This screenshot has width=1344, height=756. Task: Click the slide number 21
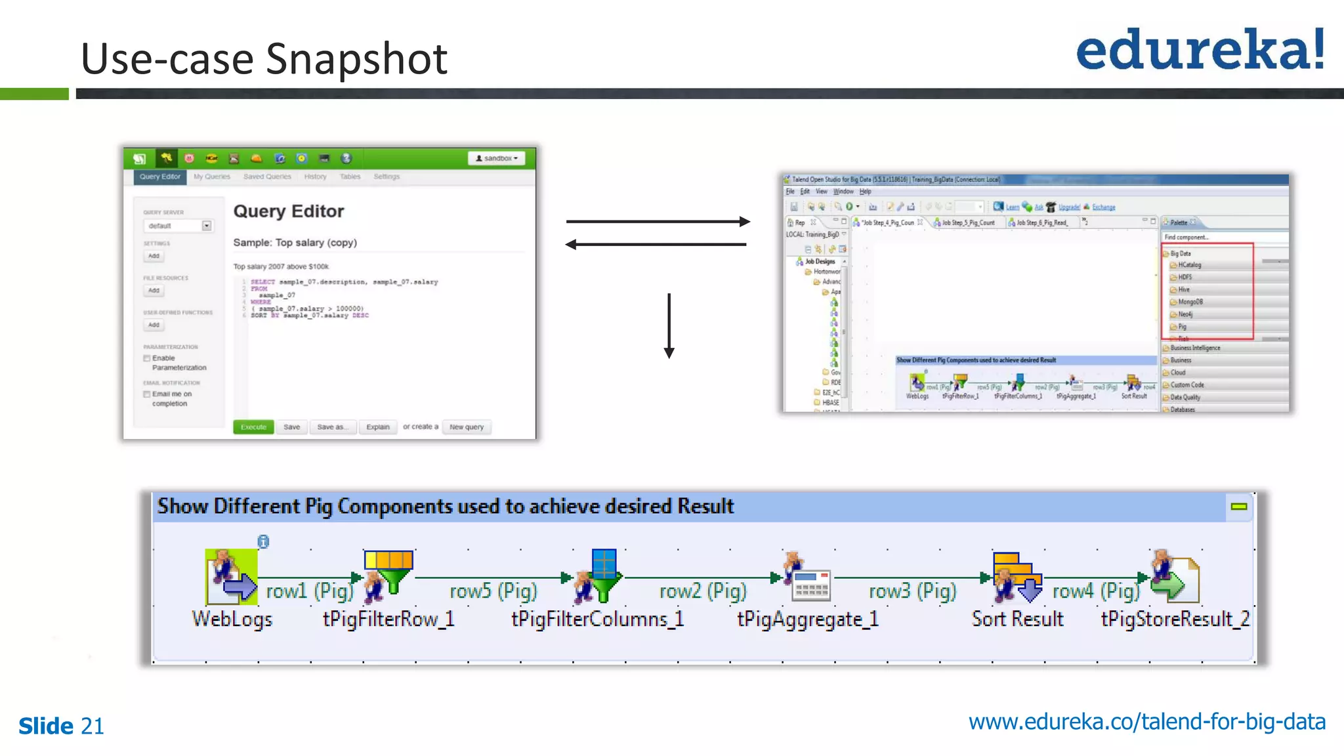point(93,726)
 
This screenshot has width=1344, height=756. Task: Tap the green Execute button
point(253,427)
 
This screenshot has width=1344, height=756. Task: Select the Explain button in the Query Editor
point(377,427)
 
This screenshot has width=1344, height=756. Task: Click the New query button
point(467,427)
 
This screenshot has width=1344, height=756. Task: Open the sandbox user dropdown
point(497,158)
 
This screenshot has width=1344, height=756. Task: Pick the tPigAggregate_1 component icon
point(808,577)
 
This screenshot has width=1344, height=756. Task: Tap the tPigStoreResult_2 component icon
point(1175,577)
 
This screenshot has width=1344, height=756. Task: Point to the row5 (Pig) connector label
point(493,591)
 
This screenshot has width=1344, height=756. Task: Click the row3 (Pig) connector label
point(912,591)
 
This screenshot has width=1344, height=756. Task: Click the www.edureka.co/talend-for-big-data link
point(1146,722)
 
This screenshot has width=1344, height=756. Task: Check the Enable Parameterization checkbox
point(147,358)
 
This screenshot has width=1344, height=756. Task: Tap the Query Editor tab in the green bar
point(159,177)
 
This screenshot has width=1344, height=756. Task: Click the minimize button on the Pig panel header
point(1238,507)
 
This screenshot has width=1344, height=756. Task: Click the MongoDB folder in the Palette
point(1190,302)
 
